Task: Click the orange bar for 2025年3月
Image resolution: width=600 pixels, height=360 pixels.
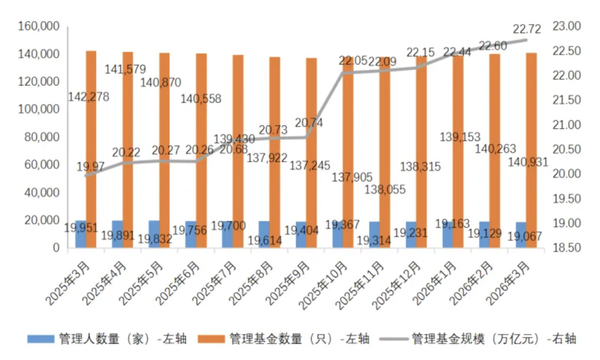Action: click(91, 149)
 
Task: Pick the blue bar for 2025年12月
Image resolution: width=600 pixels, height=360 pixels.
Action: click(411, 235)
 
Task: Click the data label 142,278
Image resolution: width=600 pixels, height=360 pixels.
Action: click(88, 96)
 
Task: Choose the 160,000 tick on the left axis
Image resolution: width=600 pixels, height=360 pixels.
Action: click(38, 27)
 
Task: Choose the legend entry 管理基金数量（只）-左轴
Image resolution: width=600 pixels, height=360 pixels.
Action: click(299, 339)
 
